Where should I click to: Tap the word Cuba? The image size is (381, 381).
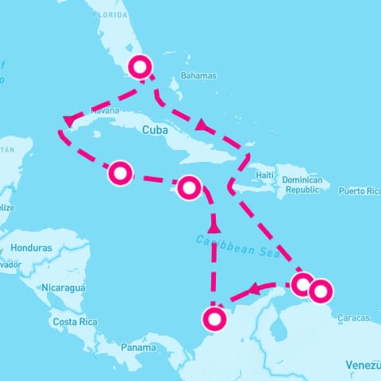(156, 130)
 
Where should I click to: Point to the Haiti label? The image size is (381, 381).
(265, 175)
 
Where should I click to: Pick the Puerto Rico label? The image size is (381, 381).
(360, 191)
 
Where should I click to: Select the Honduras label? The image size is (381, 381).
(32, 248)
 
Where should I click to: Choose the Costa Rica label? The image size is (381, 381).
(73, 322)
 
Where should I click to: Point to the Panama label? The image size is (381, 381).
(138, 347)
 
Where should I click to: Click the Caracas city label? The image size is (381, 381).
(352, 318)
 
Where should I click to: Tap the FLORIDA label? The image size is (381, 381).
(110, 15)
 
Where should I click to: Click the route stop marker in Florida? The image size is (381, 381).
(141, 67)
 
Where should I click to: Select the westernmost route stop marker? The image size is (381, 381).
(120, 172)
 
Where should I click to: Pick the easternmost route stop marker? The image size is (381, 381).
(320, 291)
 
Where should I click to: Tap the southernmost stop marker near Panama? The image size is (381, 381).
(214, 319)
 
